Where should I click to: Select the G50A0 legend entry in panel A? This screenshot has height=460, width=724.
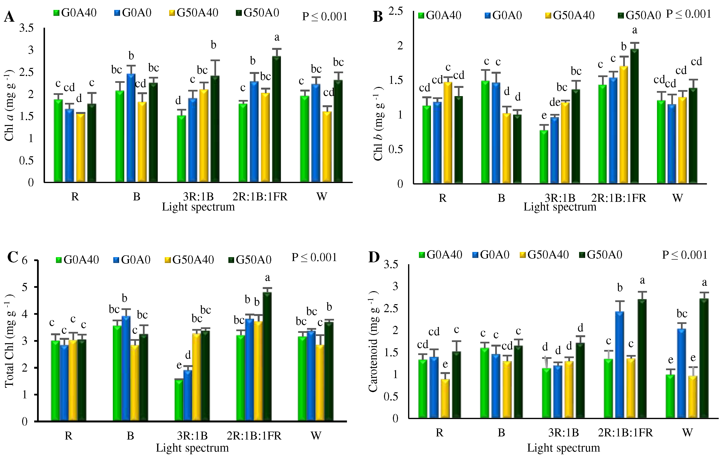coord(258,13)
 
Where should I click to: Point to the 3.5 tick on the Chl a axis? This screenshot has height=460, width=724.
coord(26,28)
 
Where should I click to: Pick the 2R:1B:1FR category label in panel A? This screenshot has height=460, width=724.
coord(260,197)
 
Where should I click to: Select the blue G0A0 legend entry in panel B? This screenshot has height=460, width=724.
coord(503,15)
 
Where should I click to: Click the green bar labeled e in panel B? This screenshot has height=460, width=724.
coord(544,157)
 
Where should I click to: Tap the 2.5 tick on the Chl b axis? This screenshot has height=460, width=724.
coord(396,11)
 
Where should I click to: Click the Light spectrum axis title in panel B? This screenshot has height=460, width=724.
coord(560,207)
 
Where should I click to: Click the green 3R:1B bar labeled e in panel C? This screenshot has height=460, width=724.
coord(179,400)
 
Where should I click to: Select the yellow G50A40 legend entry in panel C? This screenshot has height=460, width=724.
coord(189,260)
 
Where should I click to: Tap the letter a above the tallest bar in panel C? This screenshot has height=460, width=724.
coord(267,277)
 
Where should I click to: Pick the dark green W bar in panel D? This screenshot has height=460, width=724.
coord(704,358)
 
